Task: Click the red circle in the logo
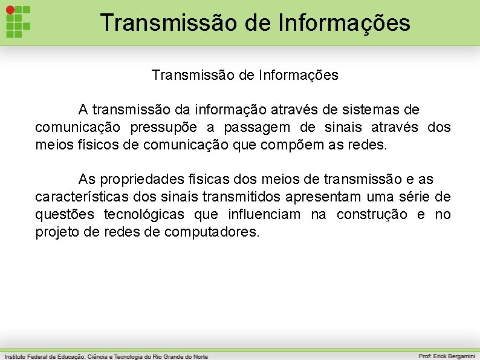coord(10,10)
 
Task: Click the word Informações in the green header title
coord(345,23)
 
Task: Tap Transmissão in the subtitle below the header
coord(188,76)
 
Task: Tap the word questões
coord(65,215)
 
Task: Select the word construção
coord(372,215)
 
